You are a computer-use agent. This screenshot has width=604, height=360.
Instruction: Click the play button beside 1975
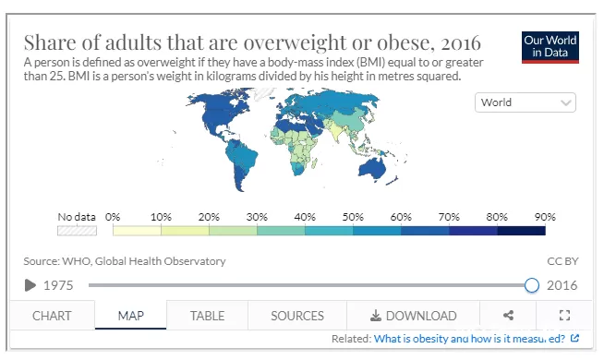click(30, 285)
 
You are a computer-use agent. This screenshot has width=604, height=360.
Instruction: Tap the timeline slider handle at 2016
click(532, 285)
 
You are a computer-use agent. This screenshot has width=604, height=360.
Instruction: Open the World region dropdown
click(525, 102)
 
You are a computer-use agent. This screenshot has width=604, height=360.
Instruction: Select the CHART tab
click(52, 316)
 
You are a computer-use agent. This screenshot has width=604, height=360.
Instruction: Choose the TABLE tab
click(207, 316)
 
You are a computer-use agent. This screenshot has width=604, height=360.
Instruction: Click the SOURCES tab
click(297, 316)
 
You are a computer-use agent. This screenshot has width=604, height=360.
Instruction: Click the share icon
click(508, 316)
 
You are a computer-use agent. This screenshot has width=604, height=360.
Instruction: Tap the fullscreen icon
click(564, 316)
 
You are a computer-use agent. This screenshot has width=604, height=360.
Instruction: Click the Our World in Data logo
click(550, 47)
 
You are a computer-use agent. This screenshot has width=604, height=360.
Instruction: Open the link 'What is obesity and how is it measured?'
click(469, 339)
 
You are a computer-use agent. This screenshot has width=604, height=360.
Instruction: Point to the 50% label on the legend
click(353, 217)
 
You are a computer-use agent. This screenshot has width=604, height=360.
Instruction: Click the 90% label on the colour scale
click(545, 217)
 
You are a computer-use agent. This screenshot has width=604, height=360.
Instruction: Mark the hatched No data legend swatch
click(77, 231)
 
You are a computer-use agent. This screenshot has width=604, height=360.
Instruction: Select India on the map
click(335, 130)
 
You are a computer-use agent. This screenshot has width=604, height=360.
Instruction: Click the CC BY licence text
click(562, 261)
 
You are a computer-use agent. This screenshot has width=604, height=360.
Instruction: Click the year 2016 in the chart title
click(461, 42)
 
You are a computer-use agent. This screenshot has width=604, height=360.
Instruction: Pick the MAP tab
click(131, 316)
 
